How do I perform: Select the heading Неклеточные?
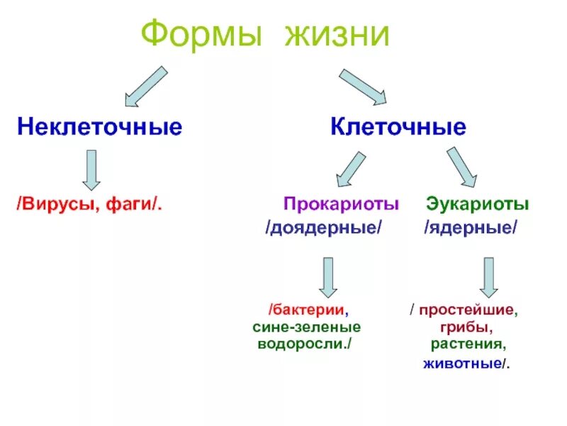(x=100, y=128)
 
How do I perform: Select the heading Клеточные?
(x=398, y=128)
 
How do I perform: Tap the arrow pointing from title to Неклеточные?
(x=146, y=85)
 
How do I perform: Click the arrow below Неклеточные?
(x=91, y=170)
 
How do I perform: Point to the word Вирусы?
(x=60, y=204)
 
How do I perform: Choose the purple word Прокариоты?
(x=341, y=204)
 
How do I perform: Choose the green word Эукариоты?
(x=477, y=204)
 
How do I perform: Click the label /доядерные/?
(x=323, y=229)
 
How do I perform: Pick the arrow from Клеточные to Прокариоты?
(x=349, y=171)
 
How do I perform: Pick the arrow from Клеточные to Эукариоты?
(x=461, y=166)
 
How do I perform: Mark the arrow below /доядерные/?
(x=327, y=277)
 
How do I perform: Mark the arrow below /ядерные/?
(x=488, y=277)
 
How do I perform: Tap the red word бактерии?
(x=310, y=310)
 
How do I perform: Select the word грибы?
(x=466, y=328)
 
